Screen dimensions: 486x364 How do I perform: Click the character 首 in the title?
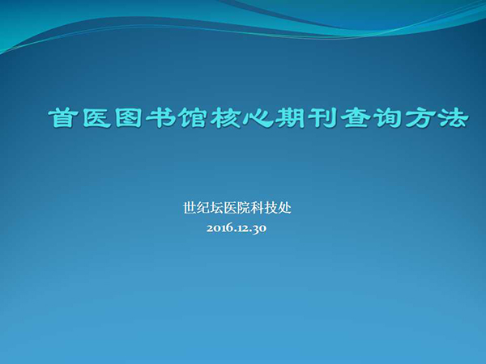tap(63, 118)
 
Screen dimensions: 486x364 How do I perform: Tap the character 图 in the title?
tap(129, 118)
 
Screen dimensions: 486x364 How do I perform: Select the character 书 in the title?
tap(160, 118)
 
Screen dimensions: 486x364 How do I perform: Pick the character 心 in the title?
tap(258, 118)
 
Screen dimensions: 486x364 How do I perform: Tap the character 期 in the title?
tap(291, 118)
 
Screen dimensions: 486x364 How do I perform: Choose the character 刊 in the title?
tap(322, 118)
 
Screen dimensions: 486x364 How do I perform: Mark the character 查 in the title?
tap(356, 118)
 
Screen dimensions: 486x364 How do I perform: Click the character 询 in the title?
tap(388, 118)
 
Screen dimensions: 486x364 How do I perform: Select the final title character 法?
tap(453, 118)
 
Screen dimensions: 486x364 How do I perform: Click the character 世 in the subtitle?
tap(190, 208)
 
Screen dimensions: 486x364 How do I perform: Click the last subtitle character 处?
tap(285, 208)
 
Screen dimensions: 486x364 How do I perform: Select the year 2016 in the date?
tap(220, 228)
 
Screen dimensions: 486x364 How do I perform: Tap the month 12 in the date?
tap(243, 228)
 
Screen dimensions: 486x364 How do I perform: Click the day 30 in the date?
tap(259, 229)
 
